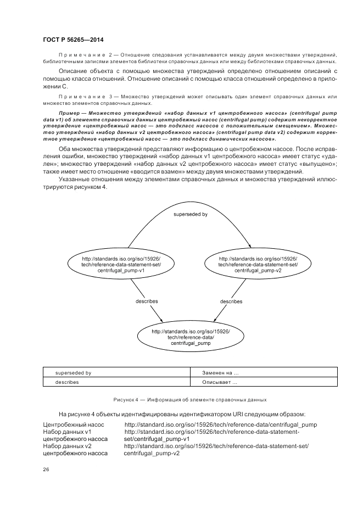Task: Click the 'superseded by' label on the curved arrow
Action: (x=190, y=214)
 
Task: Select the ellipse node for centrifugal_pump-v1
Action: (x=121, y=264)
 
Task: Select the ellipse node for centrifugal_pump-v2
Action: (x=258, y=264)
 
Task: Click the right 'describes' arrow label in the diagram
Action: (x=231, y=301)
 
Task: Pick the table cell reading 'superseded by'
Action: (x=73, y=373)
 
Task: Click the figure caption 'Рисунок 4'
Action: (x=189, y=400)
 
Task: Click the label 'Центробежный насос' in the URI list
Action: (x=73, y=425)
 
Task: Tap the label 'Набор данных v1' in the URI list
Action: (x=66, y=432)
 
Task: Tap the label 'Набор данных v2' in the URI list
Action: (x=66, y=446)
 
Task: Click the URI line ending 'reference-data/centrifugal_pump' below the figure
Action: (x=220, y=425)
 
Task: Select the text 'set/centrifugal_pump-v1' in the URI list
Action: (x=157, y=439)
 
